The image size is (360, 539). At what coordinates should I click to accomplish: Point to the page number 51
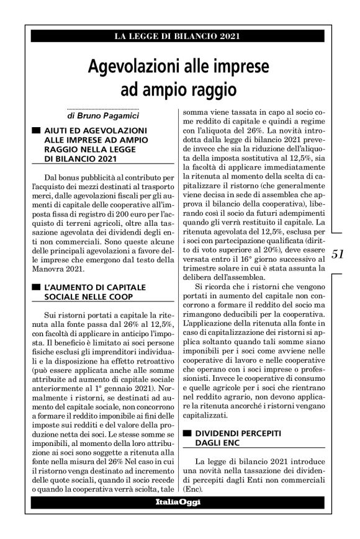click(338, 253)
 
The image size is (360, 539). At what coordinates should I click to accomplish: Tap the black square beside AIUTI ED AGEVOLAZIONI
click(35, 131)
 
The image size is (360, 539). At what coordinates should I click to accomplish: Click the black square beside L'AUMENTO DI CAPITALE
click(35, 288)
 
